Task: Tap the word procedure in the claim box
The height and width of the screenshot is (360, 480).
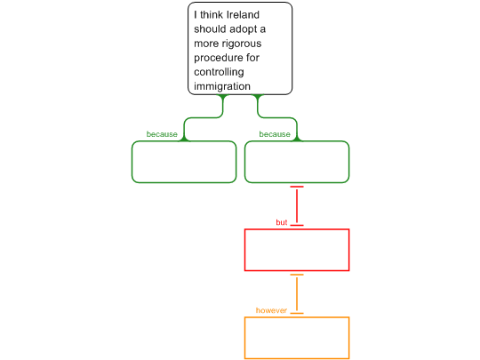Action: click(x=218, y=58)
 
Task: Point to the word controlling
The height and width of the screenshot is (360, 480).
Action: click(x=219, y=72)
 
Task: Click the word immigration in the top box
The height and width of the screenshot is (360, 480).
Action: click(x=222, y=86)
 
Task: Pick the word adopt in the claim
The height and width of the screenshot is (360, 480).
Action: click(x=243, y=29)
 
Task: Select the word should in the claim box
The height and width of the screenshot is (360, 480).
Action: click(x=210, y=29)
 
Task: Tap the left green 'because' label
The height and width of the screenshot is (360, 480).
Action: click(x=162, y=134)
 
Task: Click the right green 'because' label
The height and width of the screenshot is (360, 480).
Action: click(x=275, y=134)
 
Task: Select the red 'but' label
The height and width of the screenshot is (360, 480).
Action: click(x=282, y=222)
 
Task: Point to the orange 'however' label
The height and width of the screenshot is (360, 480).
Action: click(x=271, y=310)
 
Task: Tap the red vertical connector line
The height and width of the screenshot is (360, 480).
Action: click(x=297, y=206)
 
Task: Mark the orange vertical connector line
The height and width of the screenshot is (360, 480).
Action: click(x=297, y=294)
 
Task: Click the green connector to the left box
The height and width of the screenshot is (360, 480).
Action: click(x=204, y=117)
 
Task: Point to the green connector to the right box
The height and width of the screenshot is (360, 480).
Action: click(x=277, y=117)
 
